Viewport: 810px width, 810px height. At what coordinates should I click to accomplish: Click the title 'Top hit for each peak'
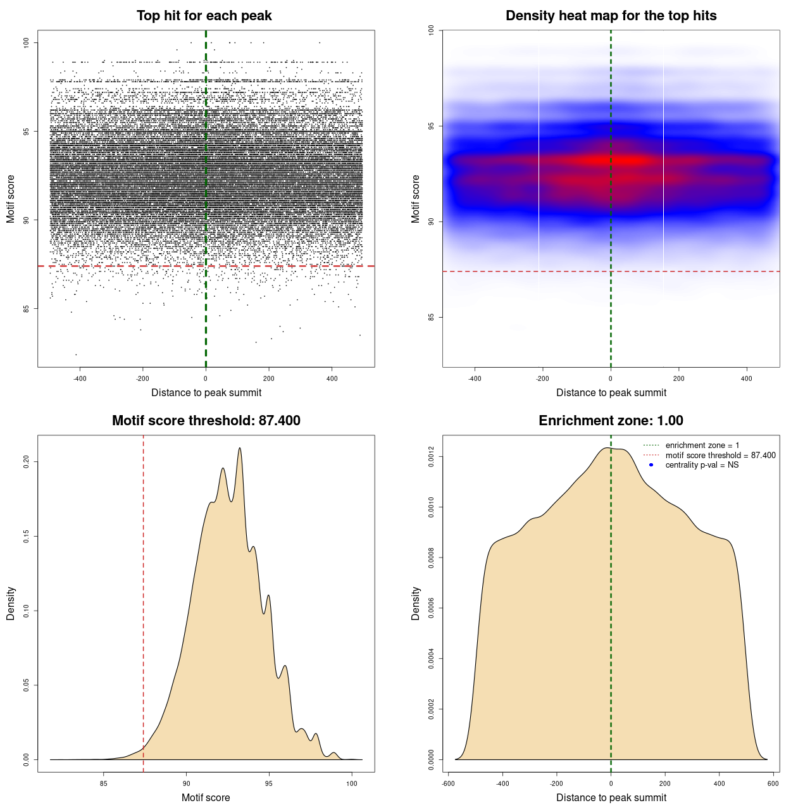pos(204,16)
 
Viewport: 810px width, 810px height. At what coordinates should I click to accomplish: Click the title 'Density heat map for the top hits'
pos(611,16)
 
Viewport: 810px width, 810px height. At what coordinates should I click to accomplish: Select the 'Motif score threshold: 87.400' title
pos(206,421)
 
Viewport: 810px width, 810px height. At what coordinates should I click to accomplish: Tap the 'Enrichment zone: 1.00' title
pos(611,421)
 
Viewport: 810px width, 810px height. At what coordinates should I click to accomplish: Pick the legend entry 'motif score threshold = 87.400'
pos(720,455)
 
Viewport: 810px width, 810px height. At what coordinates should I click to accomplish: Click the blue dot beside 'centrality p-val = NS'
pos(651,465)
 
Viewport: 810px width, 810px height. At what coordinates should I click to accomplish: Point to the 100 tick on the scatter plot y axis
pos(26,42)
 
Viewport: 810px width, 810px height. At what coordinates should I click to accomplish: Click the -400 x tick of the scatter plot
pos(80,378)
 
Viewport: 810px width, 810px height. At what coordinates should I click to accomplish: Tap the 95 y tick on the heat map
pos(431,126)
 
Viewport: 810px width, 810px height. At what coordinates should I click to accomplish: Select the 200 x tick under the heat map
pos(678,378)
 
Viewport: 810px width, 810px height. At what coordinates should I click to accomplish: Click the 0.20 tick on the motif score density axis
pos(26,462)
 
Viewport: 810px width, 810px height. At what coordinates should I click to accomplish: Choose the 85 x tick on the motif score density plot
pos(104,783)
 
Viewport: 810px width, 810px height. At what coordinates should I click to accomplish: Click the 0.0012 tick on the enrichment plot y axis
pos(431,457)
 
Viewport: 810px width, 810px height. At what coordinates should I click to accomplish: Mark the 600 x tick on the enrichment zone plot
pos(773,783)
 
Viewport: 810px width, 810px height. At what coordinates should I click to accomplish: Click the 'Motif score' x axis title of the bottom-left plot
pos(206,797)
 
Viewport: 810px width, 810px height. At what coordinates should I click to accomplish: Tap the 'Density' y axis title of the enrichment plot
pos(416,603)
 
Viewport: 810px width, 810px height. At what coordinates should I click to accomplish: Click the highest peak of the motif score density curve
pos(240,448)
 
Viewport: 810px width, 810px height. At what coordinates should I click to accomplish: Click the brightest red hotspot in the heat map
pos(623,160)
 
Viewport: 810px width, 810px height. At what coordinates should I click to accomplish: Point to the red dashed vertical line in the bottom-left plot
pos(144,601)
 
